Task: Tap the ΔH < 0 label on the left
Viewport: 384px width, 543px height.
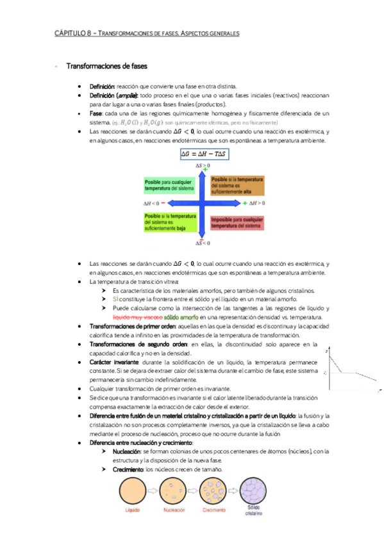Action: point(152,203)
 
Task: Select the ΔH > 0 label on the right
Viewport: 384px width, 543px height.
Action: point(256,203)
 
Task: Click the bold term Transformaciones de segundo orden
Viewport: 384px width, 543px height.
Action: point(131,344)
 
